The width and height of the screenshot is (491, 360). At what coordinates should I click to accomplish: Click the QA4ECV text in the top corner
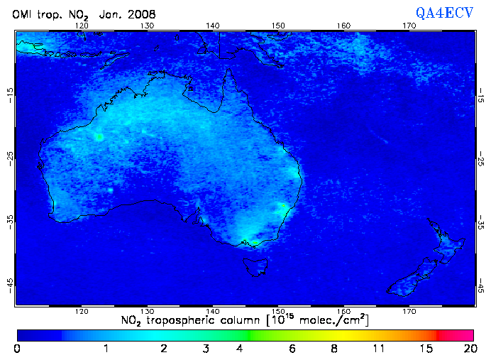click(444, 13)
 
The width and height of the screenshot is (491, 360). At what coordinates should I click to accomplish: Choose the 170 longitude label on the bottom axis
click(409, 311)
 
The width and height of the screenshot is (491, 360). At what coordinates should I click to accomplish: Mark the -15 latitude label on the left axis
click(9, 93)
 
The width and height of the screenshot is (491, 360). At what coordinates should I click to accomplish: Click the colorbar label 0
click(17, 349)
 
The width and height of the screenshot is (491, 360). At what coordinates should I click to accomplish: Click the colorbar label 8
click(333, 349)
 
